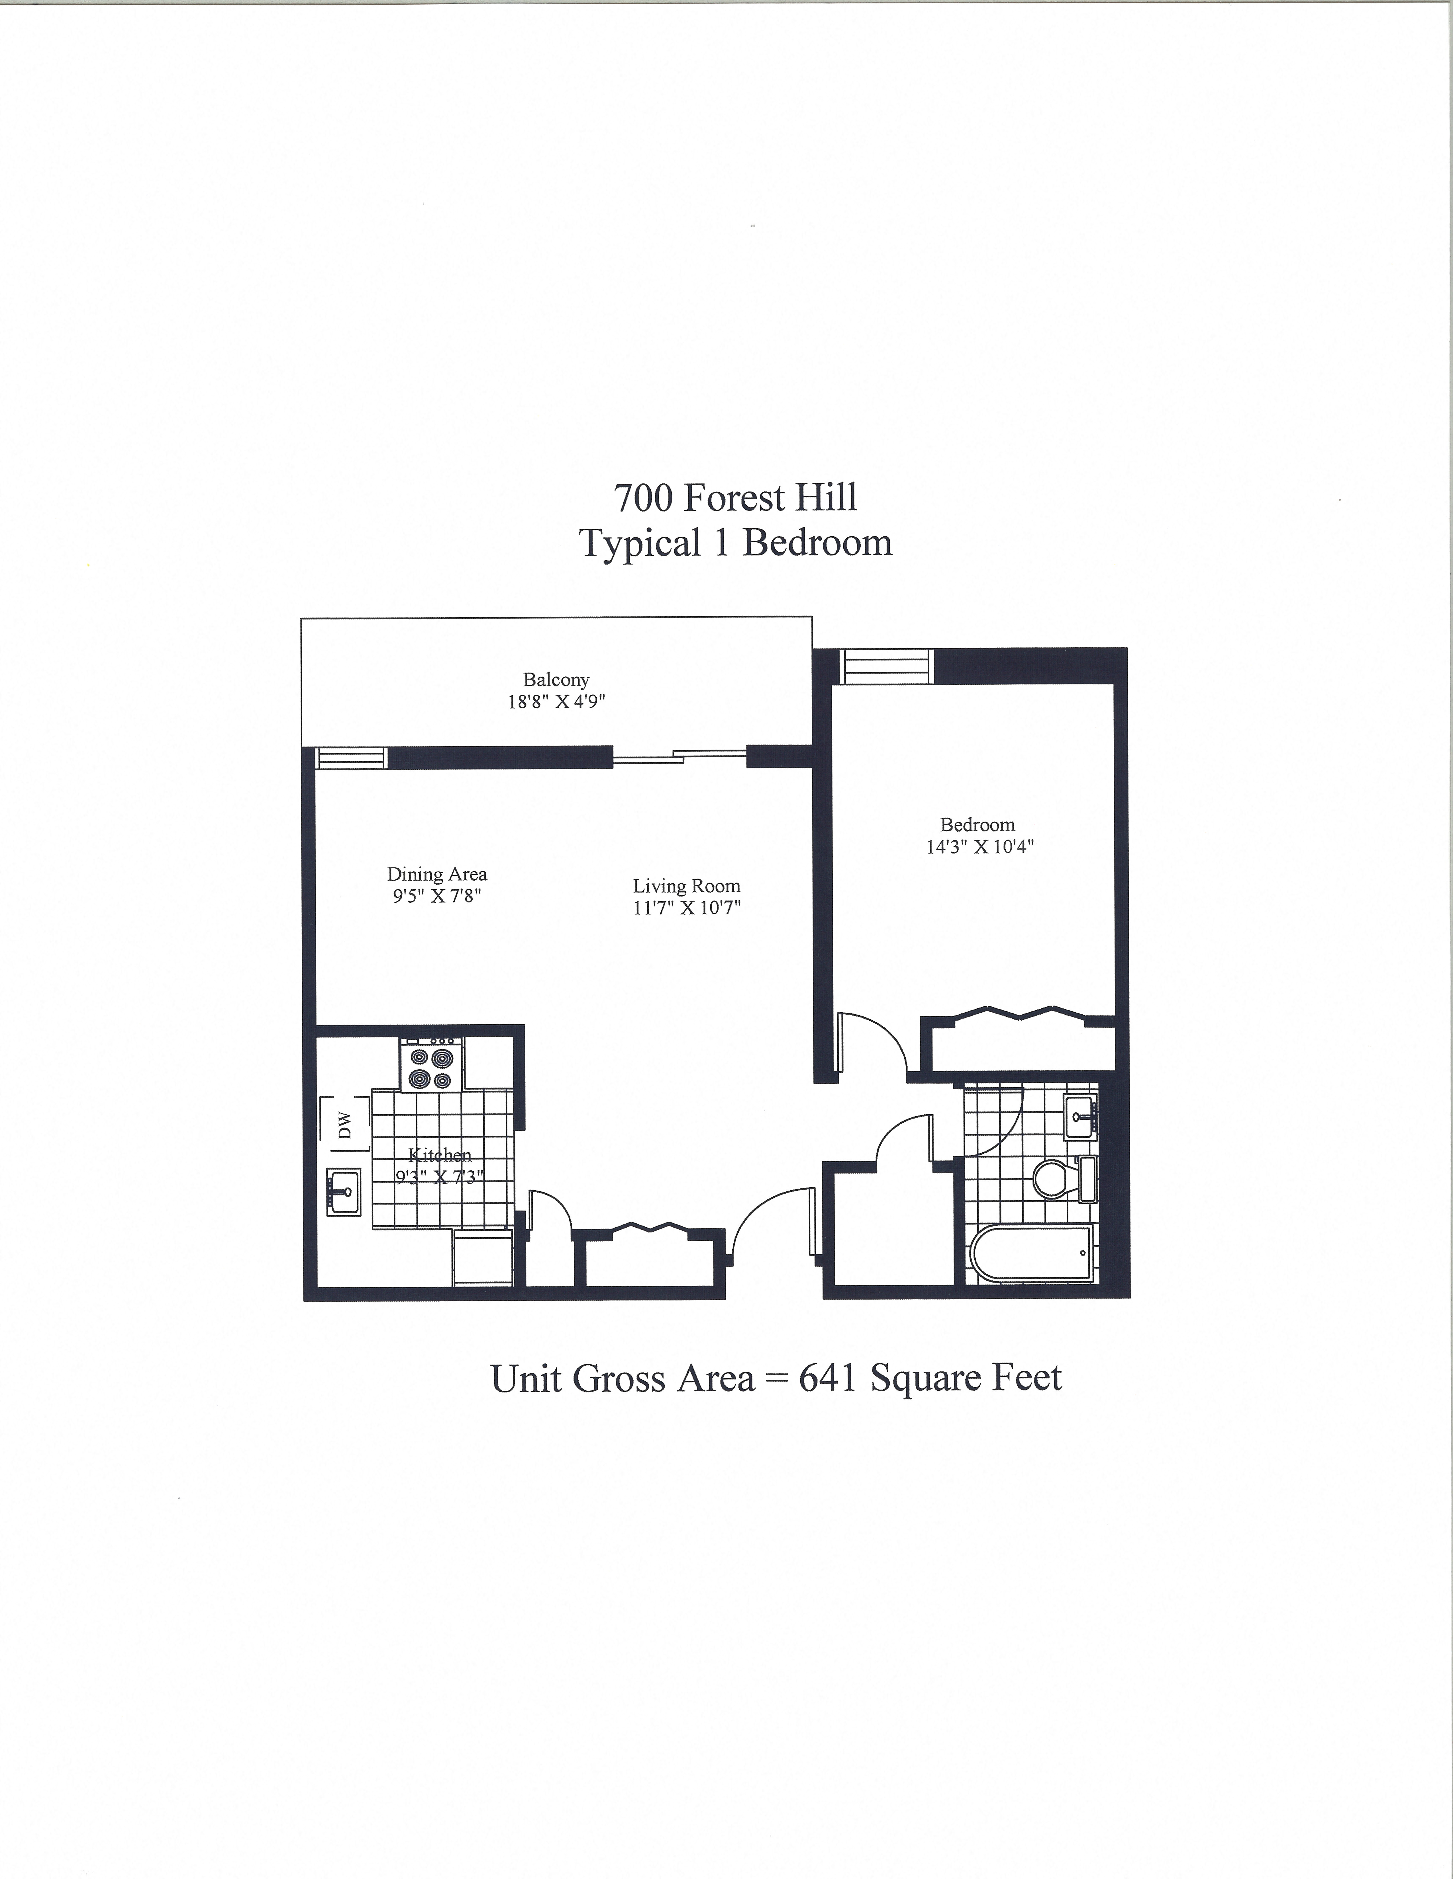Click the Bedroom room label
[x=977, y=824]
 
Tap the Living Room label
[x=686, y=885]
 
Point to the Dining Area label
[x=437, y=874]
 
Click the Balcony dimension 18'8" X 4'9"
[x=556, y=701]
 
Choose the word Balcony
[x=556, y=680]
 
